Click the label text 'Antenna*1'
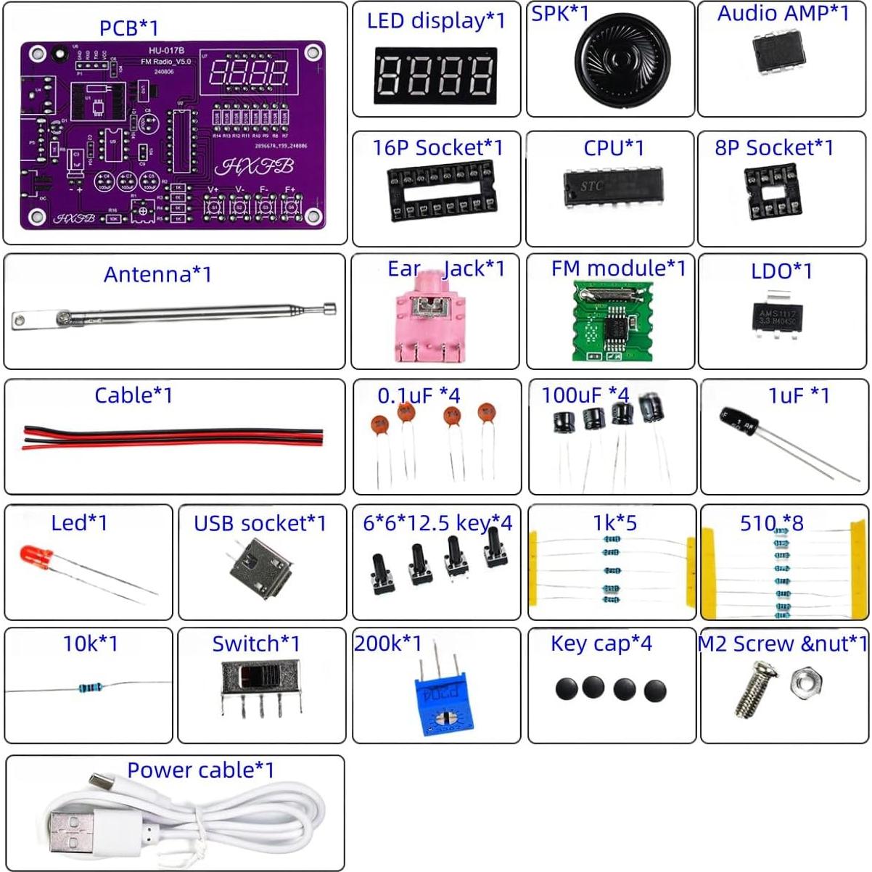157,274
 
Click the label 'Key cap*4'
601,643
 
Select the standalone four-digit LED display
435,75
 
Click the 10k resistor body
90,687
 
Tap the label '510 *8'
771,522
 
